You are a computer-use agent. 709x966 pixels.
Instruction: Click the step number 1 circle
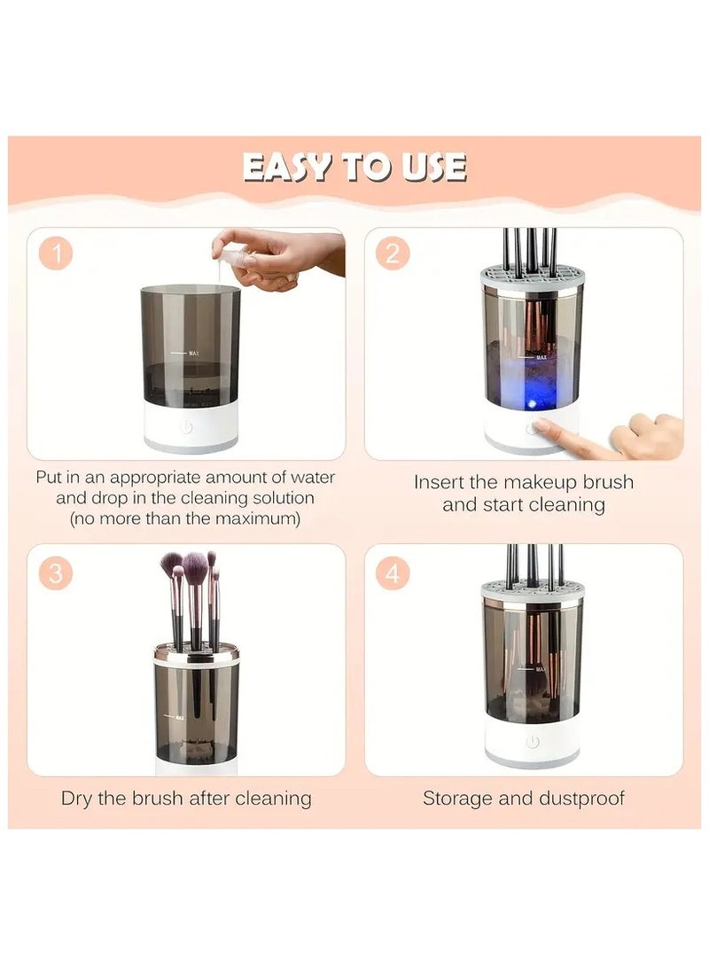(57, 255)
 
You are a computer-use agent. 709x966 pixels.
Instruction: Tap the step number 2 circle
(393, 254)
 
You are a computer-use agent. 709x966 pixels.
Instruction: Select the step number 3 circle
(57, 573)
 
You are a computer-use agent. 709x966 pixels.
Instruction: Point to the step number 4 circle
(393, 573)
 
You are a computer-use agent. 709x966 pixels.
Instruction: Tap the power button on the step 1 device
(186, 427)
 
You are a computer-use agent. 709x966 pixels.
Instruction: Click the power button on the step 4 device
(532, 741)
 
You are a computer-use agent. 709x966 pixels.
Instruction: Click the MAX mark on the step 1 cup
(193, 353)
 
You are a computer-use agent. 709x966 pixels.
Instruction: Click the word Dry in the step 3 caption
(77, 798)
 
